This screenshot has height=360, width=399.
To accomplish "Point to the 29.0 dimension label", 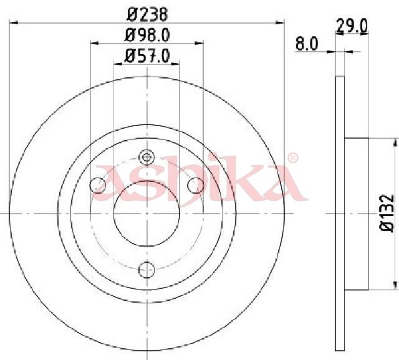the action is pyautogui.click(x=352, y=26).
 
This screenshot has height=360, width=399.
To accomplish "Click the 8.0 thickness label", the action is pyautogui.click(x=307, y=44).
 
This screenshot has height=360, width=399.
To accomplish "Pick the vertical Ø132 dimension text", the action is pyautogui.click(x=387, y=213).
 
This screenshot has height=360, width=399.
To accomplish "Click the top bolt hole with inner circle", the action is pyautogui.click(x=147, y=158).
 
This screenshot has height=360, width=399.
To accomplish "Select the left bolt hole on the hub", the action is pyautogui.click(x=98, y=185).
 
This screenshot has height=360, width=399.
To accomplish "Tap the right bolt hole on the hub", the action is pyautogui.click(x=195, y=185).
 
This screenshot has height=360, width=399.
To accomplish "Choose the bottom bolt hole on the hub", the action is pyautogui.click(x=147, y=270).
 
